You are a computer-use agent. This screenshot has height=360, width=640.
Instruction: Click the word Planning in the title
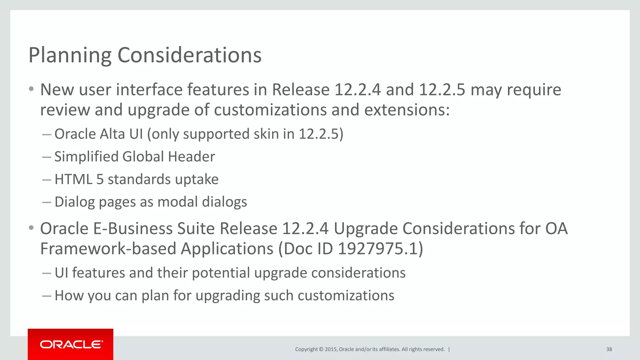[70, 55]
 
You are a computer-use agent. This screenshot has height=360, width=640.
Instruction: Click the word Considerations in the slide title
[189, 55]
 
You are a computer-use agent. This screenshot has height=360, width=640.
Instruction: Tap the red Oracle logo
[71, 344]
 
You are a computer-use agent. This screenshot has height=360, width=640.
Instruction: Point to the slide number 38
[609, 349]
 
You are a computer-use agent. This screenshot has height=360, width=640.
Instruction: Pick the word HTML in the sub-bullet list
[73, 179]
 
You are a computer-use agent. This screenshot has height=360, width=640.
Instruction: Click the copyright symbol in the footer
[321, 349]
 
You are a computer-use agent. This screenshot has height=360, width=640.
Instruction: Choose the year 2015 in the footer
[331, 349]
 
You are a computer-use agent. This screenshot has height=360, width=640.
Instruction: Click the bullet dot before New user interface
[31, 89]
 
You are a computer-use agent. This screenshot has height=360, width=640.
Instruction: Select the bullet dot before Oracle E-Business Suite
[31, 228]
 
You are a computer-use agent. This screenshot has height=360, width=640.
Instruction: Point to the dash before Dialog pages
[47, 202]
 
